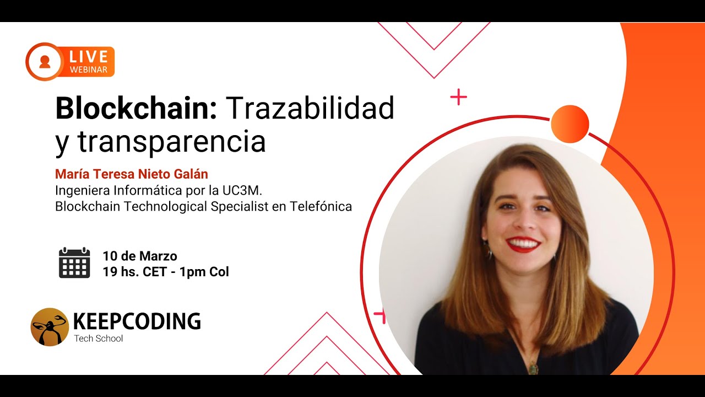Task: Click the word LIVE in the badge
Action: [x=88, y=56]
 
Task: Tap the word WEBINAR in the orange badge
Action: [x=88, y=69]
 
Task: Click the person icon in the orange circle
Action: [x=45, y=61]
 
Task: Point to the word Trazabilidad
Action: [x=310, y=109]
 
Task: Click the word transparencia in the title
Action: [x=171, y=142]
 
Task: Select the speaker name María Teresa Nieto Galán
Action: [x=132, y=174]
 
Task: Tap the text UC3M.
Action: [x=238, y=191]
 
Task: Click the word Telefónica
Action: [x=320, y=207]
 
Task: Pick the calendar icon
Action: [x=74, y=263]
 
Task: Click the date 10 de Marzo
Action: [x=140, y=256]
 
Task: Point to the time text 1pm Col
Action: [x=204, y=272]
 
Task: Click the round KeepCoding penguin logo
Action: [x=50, y=327]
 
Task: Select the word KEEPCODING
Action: [x=137, y=321]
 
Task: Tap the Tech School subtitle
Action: [x=99, y=339]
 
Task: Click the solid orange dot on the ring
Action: [x=570, y=124]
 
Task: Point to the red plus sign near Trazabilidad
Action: [x=458, y=98]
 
